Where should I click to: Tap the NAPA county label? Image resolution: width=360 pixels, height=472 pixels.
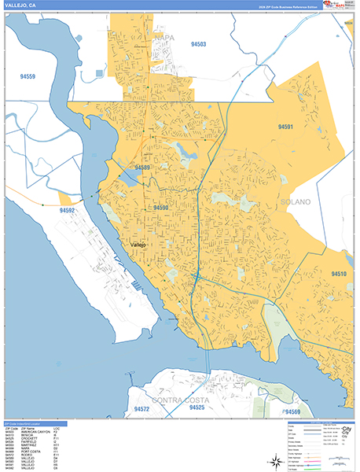[x=165, y=37]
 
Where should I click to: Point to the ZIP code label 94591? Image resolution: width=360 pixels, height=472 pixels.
[x=285, y=127]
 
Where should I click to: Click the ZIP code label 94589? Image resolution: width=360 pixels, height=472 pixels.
[x=142, y=168]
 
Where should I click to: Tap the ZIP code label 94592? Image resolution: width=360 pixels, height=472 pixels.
[x=68, y=211]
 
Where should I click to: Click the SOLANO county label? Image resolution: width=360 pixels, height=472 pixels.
[x=296, y=202]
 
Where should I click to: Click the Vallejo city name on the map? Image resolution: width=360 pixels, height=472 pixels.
[x=138, y=245]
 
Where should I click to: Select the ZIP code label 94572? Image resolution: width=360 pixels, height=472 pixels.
[x=141, y=409]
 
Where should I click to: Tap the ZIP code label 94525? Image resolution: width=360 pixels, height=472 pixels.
[x=197, y=407]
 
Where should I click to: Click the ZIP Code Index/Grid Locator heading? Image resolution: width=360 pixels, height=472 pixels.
[x=28, y=423]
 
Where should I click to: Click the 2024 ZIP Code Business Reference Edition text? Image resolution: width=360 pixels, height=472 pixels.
[x=284, y=6]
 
